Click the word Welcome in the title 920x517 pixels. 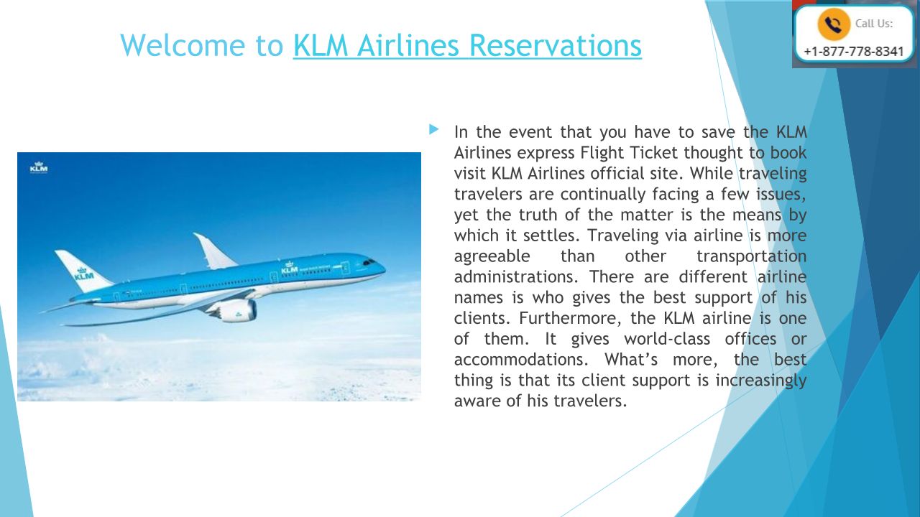click(183, 45)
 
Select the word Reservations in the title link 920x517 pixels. click(555, 45)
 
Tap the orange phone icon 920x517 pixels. click(833, 24)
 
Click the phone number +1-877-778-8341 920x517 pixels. click(853, 52)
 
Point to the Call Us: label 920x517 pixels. click(873, 24)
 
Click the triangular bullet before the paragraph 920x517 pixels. click(433, 130)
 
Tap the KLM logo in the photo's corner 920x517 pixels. click(39, 167)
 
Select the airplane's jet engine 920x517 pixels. click(235, 310)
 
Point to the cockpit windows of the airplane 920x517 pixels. click(369, 262)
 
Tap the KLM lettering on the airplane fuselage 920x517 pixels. click(290, 269)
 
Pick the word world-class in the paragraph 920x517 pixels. click(667, 339)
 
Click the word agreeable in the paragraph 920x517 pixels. click(492, 256)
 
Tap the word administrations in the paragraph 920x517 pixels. click(516, 276)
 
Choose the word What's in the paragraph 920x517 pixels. click(631, 360)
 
